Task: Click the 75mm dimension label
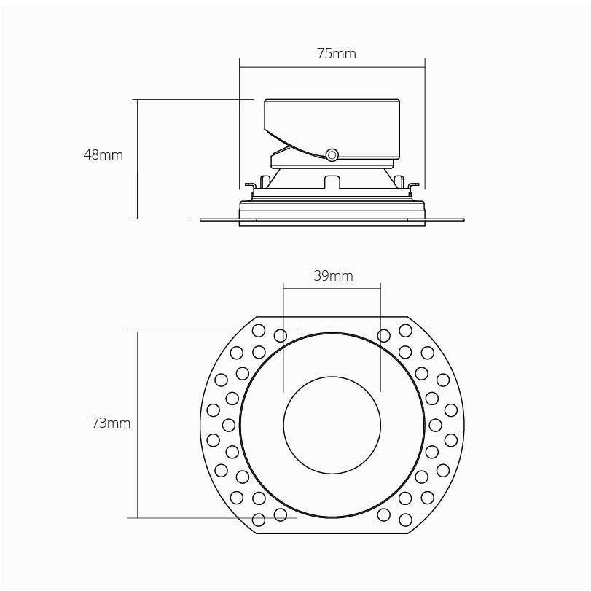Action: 332,54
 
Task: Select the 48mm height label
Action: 103,154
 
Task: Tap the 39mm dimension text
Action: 332,275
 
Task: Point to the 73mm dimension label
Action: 111,423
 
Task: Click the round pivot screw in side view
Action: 332,154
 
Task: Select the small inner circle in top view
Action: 332,423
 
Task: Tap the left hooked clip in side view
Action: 249,189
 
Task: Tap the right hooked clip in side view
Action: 414,189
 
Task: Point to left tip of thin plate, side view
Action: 202,218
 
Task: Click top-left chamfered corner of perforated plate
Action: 246,322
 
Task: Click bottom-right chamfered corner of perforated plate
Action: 418,526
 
